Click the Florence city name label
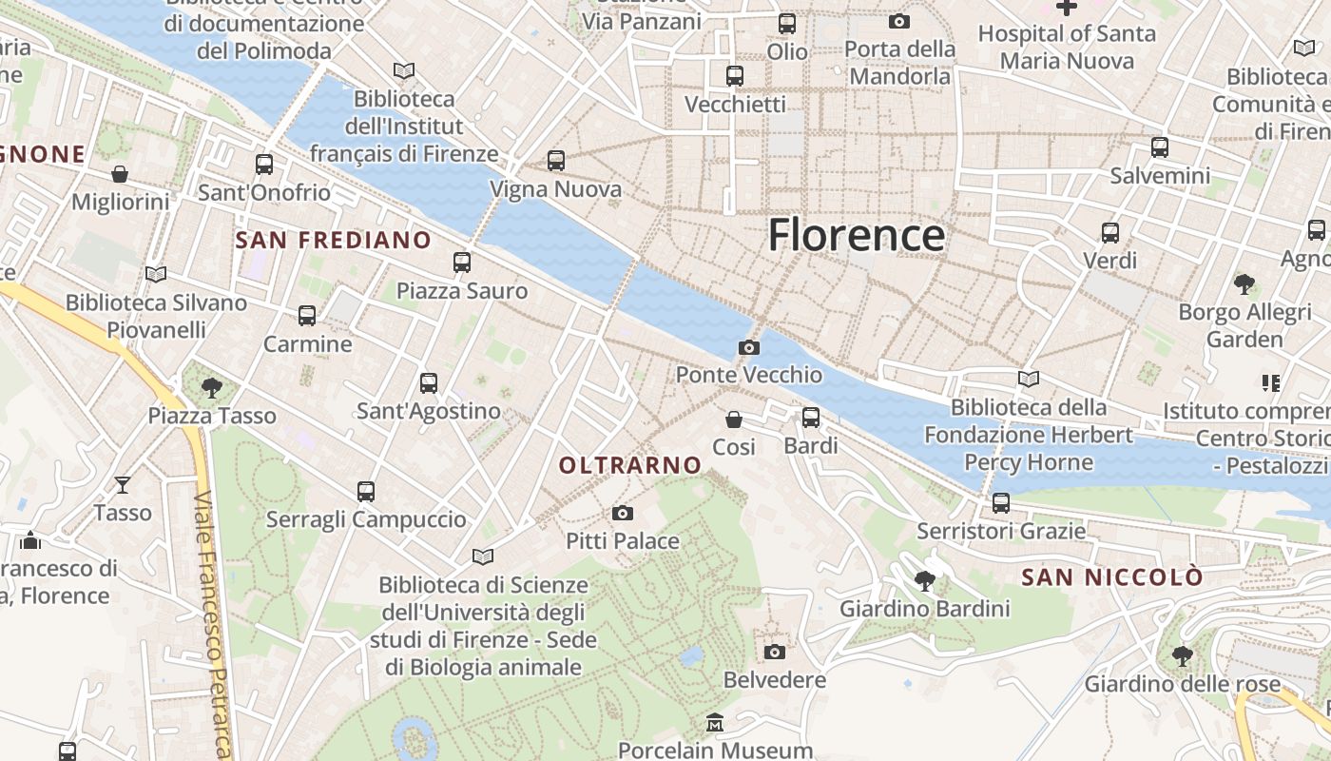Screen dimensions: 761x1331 [x=857, y=235]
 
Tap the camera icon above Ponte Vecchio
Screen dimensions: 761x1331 [x=749, y=348]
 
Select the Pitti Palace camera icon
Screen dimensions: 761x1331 [x=623, y=514]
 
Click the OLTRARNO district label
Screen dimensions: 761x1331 [x=630, y=465]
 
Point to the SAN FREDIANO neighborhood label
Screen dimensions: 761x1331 [x=333, y=241]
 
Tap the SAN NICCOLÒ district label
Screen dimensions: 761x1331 [x=1111, y=577]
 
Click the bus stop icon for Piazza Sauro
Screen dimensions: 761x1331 [x=462, y=263]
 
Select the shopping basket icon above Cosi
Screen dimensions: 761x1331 [x=734, y=420]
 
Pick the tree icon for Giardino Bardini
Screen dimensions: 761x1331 [x=924, y=581]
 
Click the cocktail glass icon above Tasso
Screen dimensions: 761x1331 [x=123, y=485]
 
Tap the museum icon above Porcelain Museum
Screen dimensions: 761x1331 [x=715, y=724]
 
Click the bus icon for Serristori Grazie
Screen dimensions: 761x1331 [x=1001, y=503]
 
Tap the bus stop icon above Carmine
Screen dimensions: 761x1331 [x=307, y=316]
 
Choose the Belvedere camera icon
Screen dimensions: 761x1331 [x=775, y=653]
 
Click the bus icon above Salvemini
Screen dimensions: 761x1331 [x=1160, y=147]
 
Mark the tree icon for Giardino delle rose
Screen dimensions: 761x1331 [x=1183, y=656]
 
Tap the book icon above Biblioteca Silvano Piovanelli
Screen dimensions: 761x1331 [x=156, y=275]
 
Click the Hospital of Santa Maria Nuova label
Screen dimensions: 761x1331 [x=1067, y=48]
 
